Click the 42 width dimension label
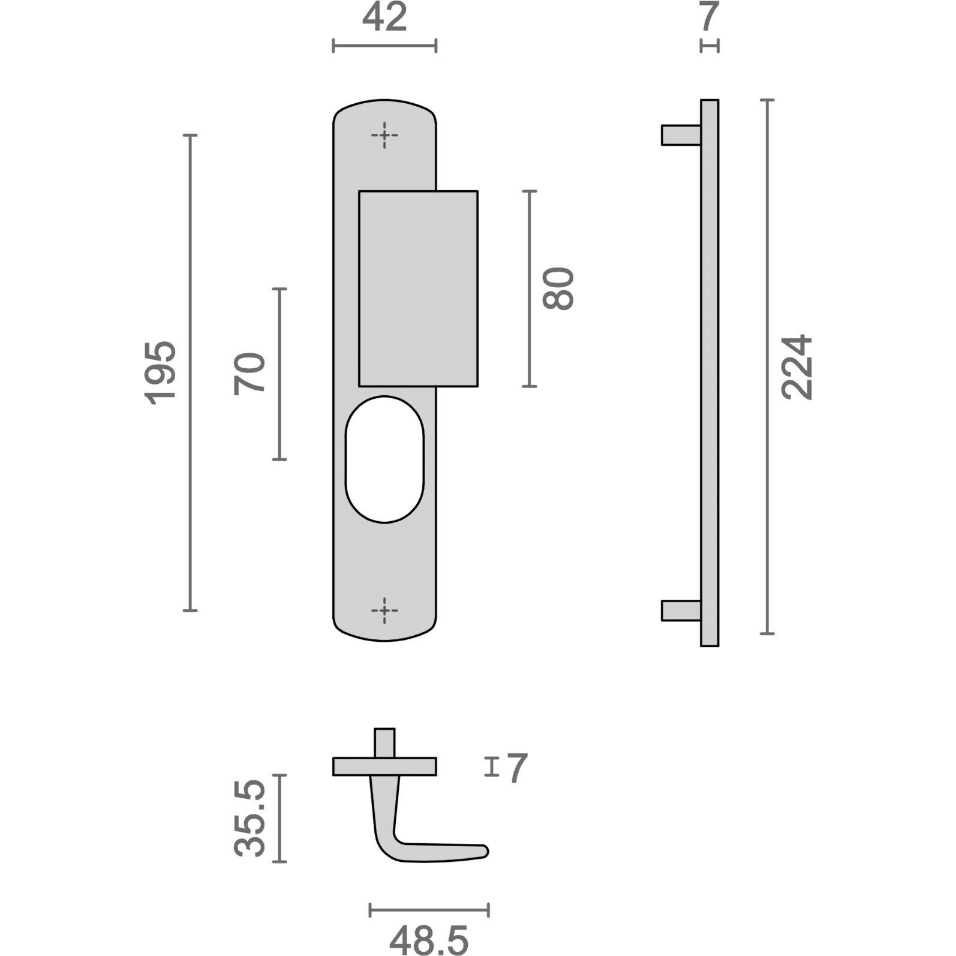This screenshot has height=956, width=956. point(384,18)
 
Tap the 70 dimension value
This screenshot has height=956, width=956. point(249,374)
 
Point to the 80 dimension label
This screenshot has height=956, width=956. point(558,288)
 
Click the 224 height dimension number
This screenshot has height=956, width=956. point(797,366)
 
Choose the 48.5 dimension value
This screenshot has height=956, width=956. point(429,940)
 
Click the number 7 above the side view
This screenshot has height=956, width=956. point(709,17)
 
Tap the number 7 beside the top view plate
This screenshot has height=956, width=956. point(517,768)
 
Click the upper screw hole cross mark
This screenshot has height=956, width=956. point(384,136)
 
